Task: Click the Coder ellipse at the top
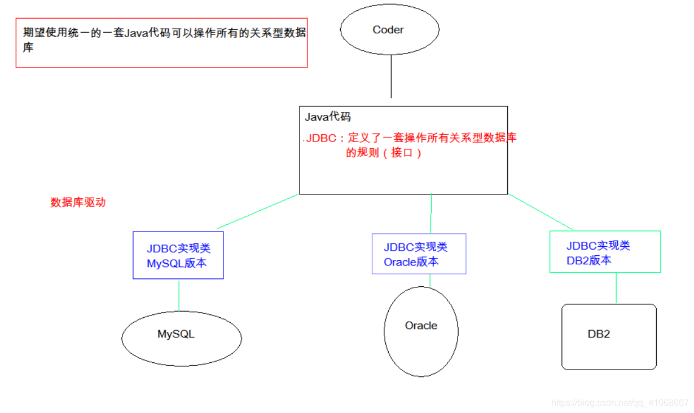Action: click(x=389, y=30)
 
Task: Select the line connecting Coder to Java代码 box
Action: click(x=391, y=76)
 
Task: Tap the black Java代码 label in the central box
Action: click(x=328, y=117)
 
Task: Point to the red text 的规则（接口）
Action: click(x=384, y=153)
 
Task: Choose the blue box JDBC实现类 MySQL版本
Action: click(x=178, y=255)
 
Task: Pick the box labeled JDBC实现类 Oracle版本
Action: click(x=419, y=254)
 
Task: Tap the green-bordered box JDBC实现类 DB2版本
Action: click(x=605, y=252)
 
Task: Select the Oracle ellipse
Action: click(x=421, y=331)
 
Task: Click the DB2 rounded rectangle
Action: click(x=609, y=337)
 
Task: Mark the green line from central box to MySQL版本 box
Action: click(x=257, y=212)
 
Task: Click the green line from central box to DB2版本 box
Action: click(x=541, y=212)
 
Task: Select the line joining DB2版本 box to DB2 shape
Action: click(x=616, y=288)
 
